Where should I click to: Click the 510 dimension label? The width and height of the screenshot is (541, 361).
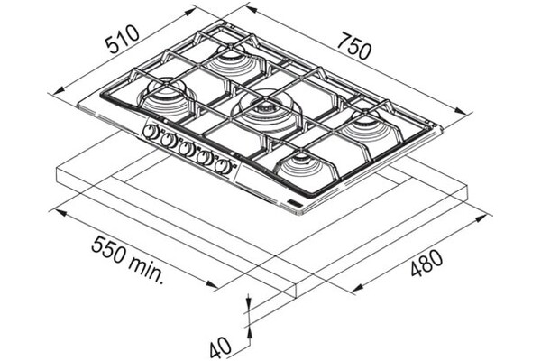click(x=123, y=39)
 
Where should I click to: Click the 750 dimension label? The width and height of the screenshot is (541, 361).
click(x=354, y=46)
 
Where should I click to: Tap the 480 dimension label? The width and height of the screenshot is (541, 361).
click(x=426, y=264)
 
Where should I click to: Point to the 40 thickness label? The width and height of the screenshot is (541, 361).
click(x=220, y=347)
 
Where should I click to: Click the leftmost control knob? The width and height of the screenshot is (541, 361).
click(x=151, y=132)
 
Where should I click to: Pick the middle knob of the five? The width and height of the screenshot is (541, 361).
click(x=187, y=149)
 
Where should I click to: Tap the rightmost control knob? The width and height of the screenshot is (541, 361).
click(x=222, y=166)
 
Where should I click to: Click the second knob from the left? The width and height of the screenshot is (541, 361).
click(x=169, y=140)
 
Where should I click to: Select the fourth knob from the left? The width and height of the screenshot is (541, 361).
click(x=205, y=158)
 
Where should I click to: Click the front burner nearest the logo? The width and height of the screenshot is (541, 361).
click(x=304, y=166)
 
